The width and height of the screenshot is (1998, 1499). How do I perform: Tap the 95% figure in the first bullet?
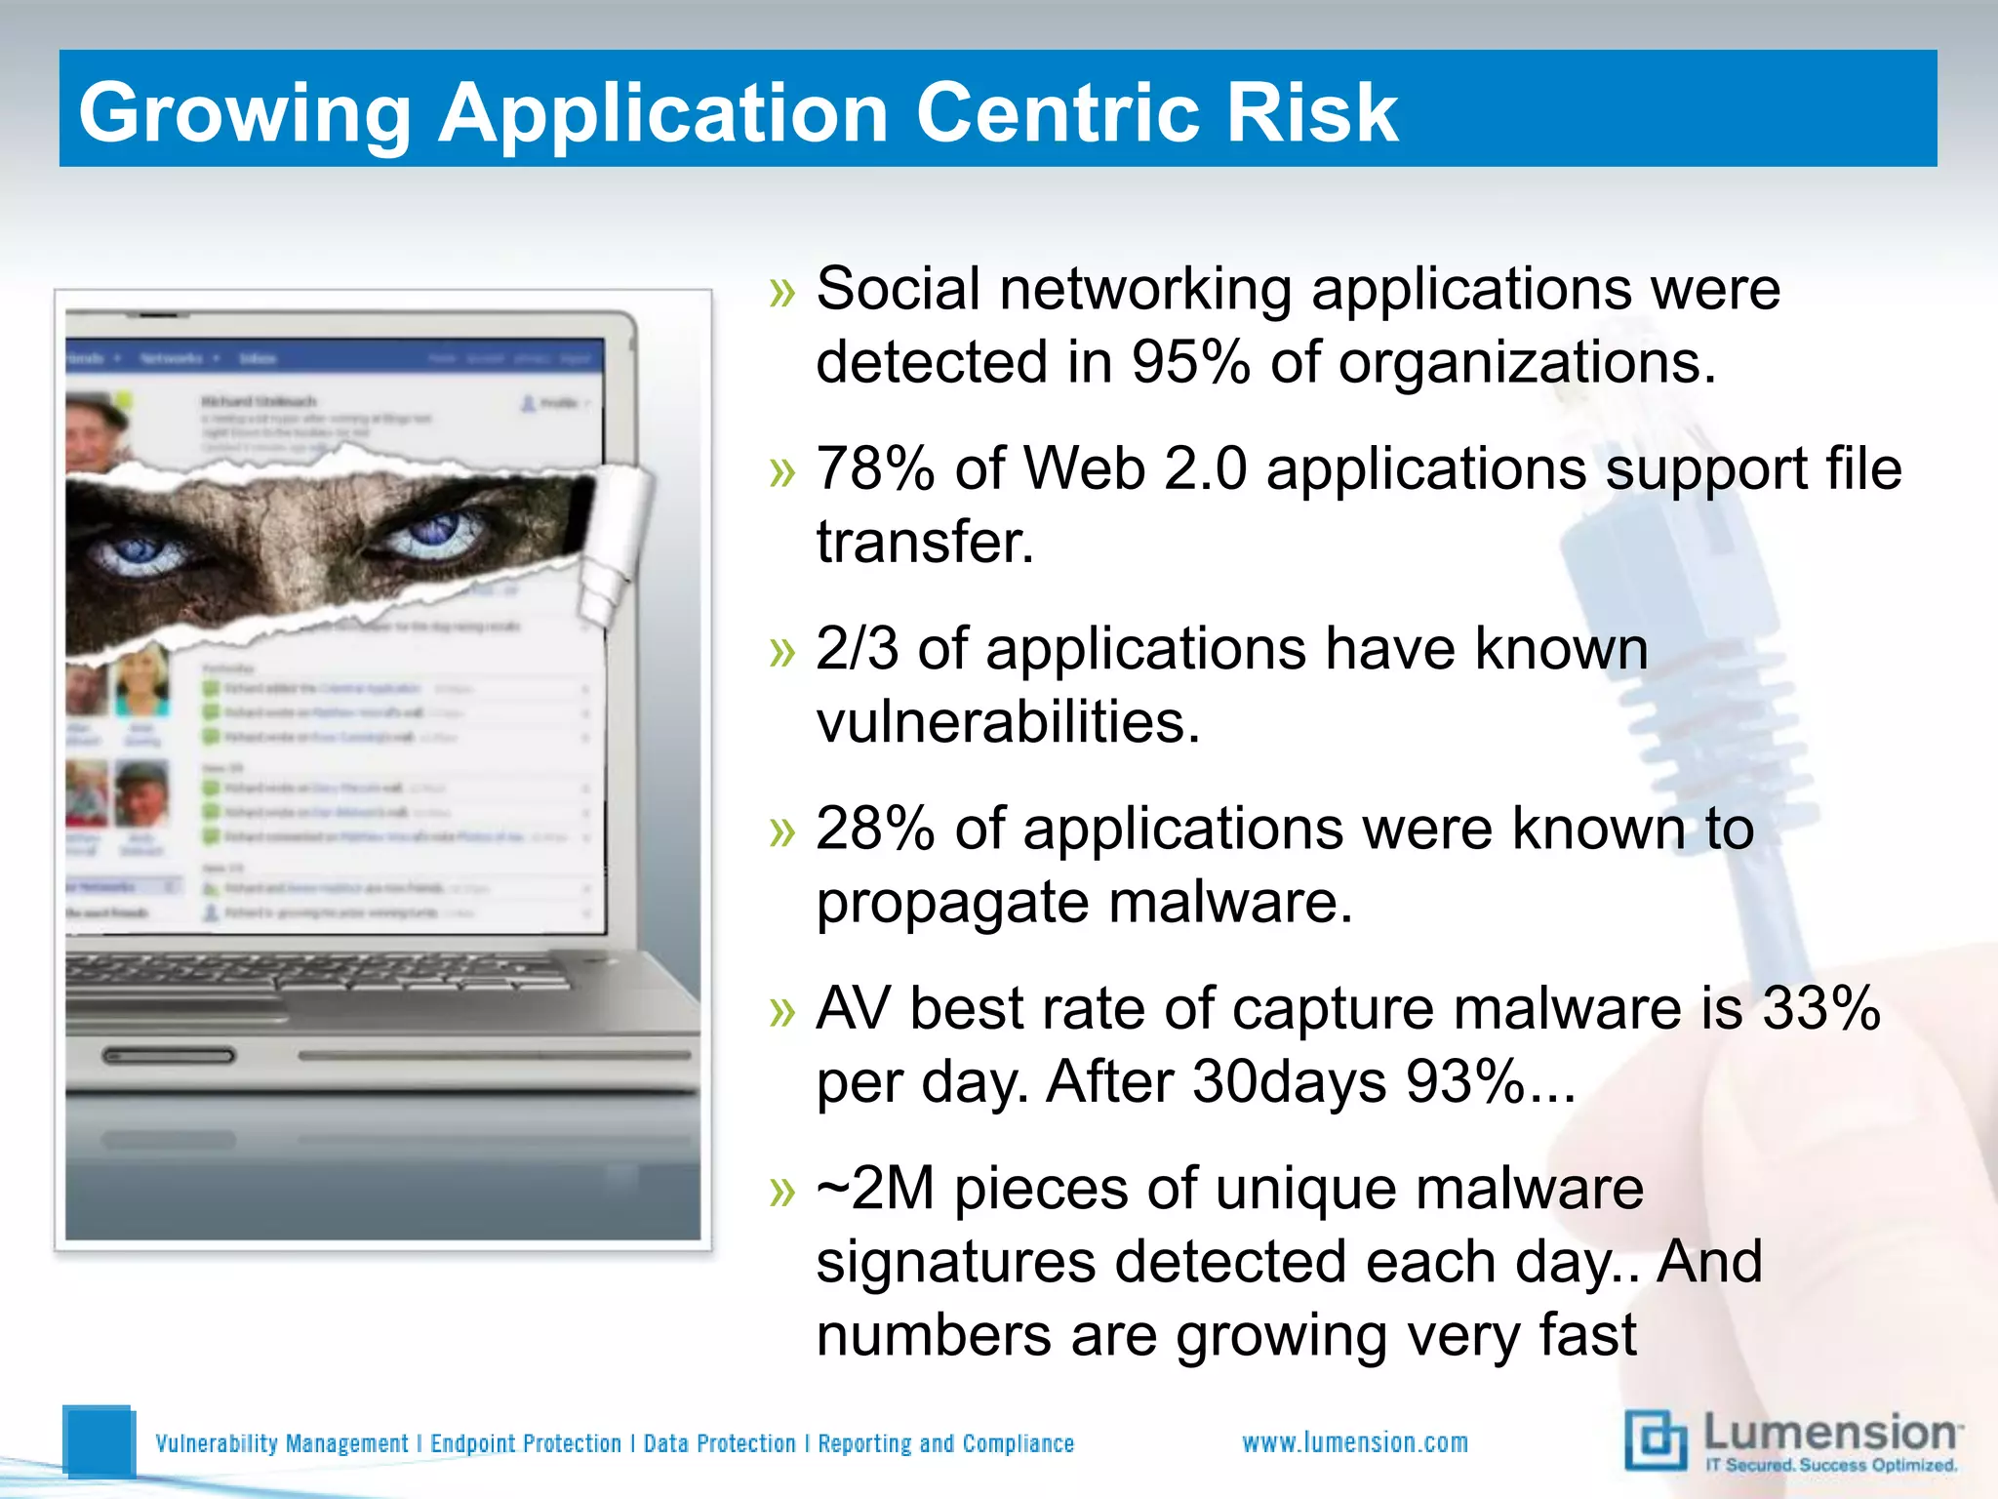pos(1189,363)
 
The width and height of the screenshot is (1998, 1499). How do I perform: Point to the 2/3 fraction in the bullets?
pos(857,649)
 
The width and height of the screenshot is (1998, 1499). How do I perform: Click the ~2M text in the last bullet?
pos(875,1189)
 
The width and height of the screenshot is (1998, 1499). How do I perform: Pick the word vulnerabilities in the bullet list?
pos(1008,723)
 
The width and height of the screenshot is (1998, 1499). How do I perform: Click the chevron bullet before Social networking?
pos(782,292)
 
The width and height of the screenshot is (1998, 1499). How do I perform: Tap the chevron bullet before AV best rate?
pos(782,1012)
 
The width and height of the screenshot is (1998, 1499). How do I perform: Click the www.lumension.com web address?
pos(1354,1442)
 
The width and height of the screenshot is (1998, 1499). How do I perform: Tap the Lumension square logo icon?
pos(1656,1439)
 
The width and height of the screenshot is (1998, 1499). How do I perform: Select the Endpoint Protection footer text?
pos(526,1443)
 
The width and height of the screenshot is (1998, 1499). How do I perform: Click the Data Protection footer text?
pos(719,1443)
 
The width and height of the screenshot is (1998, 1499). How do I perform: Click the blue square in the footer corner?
pos(98,1440)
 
